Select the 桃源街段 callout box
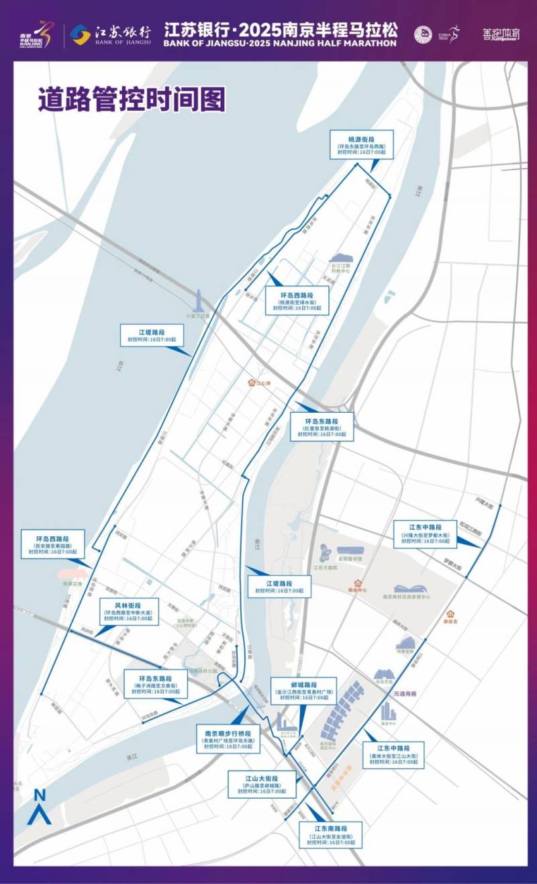coord(361,145)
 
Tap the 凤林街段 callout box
coord(128,611)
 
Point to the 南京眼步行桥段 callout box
coord(228,738)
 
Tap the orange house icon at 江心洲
coord(254,384)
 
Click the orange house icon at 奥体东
coord(452,613)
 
